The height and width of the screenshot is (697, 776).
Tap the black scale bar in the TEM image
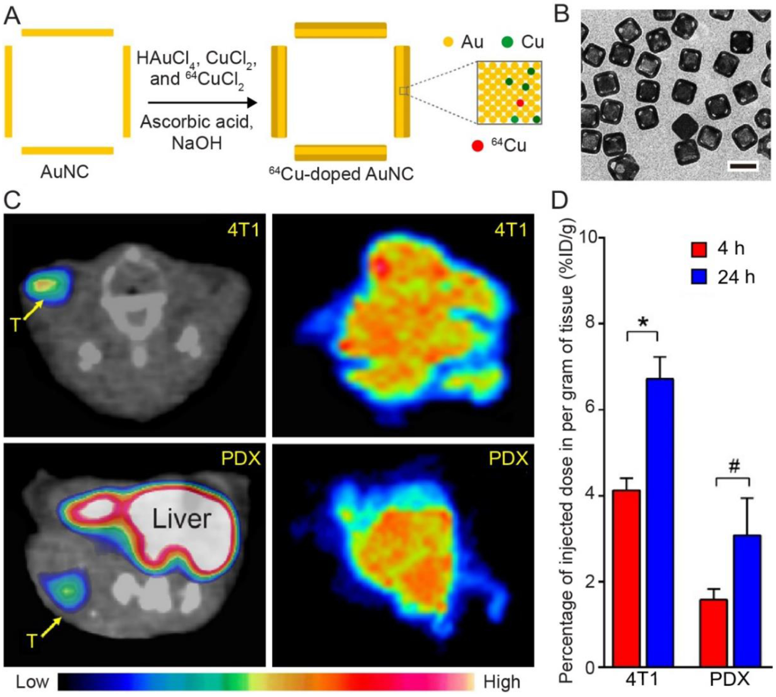point(743,166)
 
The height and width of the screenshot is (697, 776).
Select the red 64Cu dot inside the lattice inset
point(520,103)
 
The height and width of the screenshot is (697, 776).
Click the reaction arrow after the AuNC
point(202,103)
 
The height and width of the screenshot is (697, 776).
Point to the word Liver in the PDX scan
point(181,519)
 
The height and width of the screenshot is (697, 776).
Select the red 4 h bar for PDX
point(713,632)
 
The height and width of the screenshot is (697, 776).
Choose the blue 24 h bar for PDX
point(747,600)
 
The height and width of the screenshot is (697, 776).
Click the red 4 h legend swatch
point(699,249)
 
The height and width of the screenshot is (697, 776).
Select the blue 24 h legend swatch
point(699,277)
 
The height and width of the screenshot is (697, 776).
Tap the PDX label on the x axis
point(730,680)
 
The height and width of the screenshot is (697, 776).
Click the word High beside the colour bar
point(502,682)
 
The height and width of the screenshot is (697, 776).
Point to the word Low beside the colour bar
point(32,682)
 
